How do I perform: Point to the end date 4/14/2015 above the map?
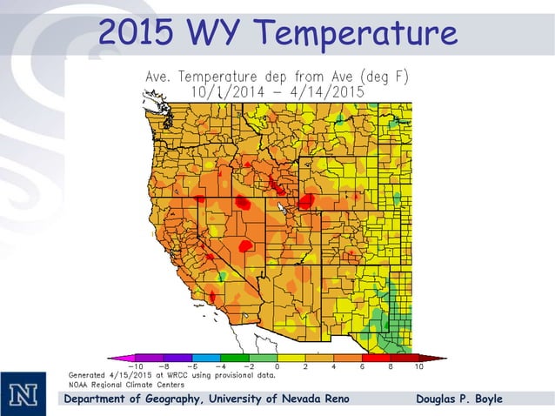coord(330,91)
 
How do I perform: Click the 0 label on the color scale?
coord(277,367)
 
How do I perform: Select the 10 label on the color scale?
coord(418,367)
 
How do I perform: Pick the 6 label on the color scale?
coord(362,367)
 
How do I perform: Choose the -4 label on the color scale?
coord(219,367)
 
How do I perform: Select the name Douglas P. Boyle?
coord(458,399)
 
